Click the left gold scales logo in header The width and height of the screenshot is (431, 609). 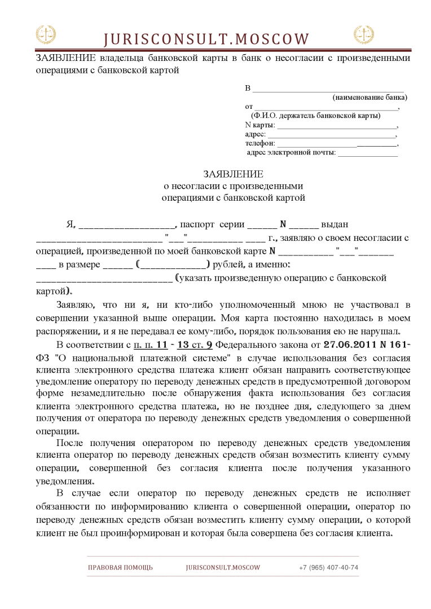point(46,35)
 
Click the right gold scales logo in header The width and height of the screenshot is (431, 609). point(364,35)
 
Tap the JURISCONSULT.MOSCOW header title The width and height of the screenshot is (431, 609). point(206,39)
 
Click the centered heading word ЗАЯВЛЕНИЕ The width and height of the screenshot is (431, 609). point(233,174)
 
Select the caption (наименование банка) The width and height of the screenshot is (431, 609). point(370,97)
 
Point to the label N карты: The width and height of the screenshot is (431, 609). point(260,125)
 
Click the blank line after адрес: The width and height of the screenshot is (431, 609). point(331,134)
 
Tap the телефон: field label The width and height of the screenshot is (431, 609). point(260,143)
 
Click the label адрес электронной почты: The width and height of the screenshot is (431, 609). point(291,152)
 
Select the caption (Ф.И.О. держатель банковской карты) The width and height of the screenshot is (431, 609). point(315,116)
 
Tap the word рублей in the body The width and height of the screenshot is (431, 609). point(227,264)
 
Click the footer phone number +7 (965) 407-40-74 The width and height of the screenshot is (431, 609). point(328,567)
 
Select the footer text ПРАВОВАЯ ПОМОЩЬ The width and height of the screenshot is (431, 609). point(120,567)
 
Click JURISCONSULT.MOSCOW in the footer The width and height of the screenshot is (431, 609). point(223,567)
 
